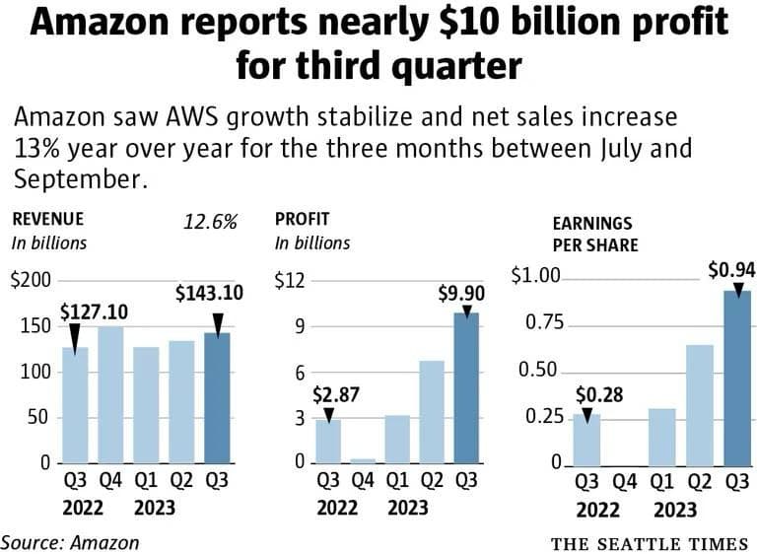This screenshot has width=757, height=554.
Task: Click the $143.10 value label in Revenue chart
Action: (209, 294)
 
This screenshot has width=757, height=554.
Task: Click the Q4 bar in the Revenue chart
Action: (110, 394)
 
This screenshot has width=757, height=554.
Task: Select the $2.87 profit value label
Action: (337, 395)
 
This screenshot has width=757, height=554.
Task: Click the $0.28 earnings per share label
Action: (595, 395)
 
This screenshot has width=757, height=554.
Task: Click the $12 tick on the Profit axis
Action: (290, 281)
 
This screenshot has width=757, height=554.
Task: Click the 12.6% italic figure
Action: (211, 222)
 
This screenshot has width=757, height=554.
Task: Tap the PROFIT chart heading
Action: (302, 219)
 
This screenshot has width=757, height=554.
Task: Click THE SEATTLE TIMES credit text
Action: (649, 543)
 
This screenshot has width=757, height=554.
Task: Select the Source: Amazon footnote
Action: (70, 541)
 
